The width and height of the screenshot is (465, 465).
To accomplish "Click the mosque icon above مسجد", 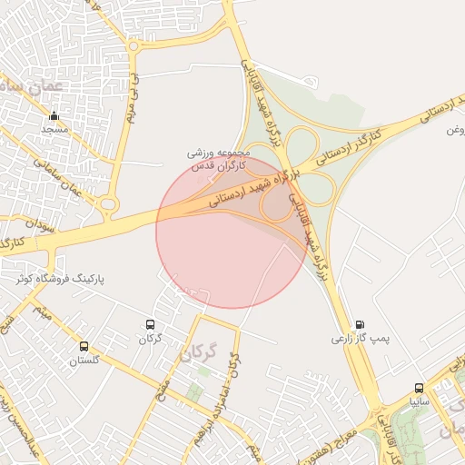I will pyautogui.click(x=54, y=115).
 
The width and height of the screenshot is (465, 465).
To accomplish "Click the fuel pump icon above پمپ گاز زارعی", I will pyautogui.click(x=361, y=324).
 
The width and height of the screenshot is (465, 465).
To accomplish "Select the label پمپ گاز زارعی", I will pyautogui.click(x=359, y=339).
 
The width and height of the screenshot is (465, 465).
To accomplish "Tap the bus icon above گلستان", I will pyautogui.click(x=84, y=346).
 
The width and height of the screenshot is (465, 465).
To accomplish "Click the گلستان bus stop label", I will pyautogui.click(x=84, y=361).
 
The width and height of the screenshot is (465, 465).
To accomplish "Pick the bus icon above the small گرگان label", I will pyautogui.click(x=150, y=324).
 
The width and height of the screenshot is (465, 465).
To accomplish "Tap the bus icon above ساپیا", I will pyautogui.click(x=419, y=387).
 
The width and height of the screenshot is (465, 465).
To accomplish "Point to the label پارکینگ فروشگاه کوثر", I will pyautogui.click(x=60, y=278).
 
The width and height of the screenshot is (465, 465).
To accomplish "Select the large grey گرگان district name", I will pyautogui.click(x=200, y=351).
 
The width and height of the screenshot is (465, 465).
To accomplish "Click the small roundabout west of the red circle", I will pyautogui.click(x=109, y=205).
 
